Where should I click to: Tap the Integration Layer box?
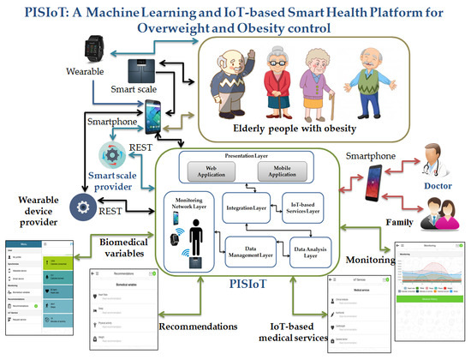[x=247, y=207]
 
